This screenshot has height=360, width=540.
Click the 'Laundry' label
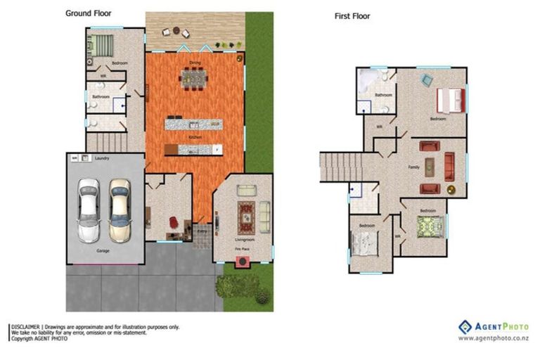pyautogui.click(x=102, y=159)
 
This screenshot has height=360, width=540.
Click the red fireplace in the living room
pyautogui.click(x=243, y=261)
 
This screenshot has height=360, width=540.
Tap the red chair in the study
pyautogui.click(x=172, y=222)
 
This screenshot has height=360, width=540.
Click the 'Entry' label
pyautogui.click(x=203, y=230)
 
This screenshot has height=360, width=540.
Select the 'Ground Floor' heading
pyautogui.click(x=88, y=13)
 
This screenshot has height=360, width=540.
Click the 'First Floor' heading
pyautogui.click(x=352, y=15)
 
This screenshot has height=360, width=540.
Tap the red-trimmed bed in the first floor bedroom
pyautogui.click(x=451, y=100)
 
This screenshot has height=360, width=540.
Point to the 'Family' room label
pyautogui.click(x=414, y=167)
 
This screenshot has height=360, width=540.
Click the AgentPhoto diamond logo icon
pyautogui.click(x=465, y=326)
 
